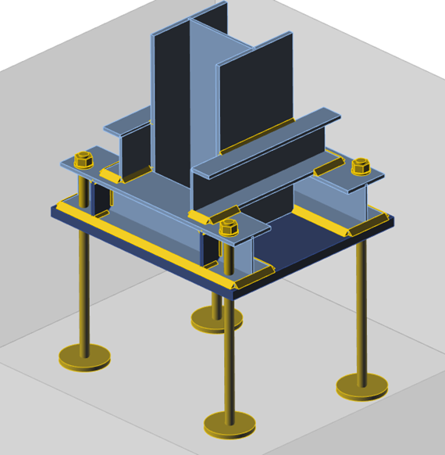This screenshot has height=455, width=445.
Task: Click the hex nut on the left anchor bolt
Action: coord(84,160)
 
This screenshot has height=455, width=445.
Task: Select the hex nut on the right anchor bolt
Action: coord(361,167)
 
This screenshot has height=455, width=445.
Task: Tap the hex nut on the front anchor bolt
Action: coord(228,227)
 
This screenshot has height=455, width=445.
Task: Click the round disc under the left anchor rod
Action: coord(84,357)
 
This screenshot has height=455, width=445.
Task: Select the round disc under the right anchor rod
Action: coord(361,385)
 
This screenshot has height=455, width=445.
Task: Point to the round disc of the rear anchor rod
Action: coord(216,318)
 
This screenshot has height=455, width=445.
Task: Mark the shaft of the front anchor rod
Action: coord(229,352)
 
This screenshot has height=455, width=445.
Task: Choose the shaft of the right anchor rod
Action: coord(361,313)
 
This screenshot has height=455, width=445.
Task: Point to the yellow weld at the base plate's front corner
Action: coord(254,276)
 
